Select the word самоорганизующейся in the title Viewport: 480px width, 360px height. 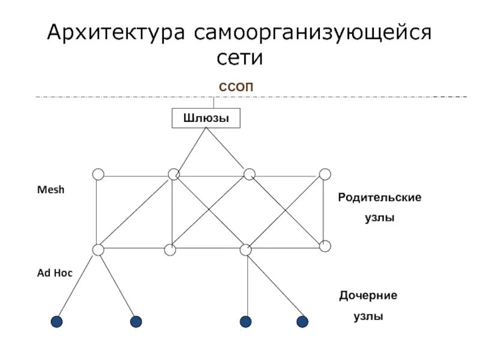coord(311,32)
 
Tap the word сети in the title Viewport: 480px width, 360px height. coord(239,59)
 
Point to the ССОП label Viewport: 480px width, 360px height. coord(236,87)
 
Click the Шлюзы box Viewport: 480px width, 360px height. coord(206,118)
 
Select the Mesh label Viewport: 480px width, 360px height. coord(50,190)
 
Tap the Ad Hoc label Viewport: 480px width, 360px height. coord(55,272)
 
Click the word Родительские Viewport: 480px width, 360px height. coord(379,197)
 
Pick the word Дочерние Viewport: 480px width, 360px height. coord(368,296)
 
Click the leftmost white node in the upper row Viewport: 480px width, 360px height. coord(98,174)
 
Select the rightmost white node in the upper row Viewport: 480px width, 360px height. coord(325,174)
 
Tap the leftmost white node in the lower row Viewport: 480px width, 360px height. coord(98,250)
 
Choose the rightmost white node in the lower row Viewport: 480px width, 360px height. coord(325,246)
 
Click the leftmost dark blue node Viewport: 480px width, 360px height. coord(56,322)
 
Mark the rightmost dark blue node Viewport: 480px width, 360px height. coord(302,322)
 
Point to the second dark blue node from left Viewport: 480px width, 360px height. coord(136,322)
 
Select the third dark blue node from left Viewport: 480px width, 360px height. coord(245,322)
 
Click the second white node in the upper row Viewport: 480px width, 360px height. coord(173,174)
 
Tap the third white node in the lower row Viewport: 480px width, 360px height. coord(245,250)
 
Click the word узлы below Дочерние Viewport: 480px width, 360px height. coord(368,316)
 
